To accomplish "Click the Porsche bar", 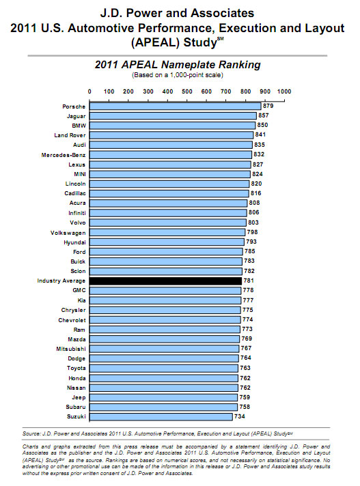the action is coord(175,106).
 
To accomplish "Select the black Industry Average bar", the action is coord(165,281).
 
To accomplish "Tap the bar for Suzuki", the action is coord(161,416).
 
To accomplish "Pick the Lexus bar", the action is coord(170,165).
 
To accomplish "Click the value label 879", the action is coord(268,106).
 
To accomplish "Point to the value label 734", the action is coord(240,416).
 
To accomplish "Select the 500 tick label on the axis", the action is coord(187,91).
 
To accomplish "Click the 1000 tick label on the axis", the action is coord(284,91).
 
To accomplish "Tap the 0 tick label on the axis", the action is coord(89,91).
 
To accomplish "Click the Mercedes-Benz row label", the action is coord(64,155).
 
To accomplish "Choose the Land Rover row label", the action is coord(70,135).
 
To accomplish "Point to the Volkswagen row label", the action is coord(68,233).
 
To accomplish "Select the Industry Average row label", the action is coord(61,281).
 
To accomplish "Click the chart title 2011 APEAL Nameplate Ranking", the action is coord(178,65).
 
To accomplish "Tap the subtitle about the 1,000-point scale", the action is coord(178,75).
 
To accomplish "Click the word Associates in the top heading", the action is coord(222,13).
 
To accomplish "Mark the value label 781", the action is coord(249,281).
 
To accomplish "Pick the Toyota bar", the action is coord(164,368).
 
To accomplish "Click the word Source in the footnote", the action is coord(31,433).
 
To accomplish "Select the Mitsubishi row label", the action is coord(71,349).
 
